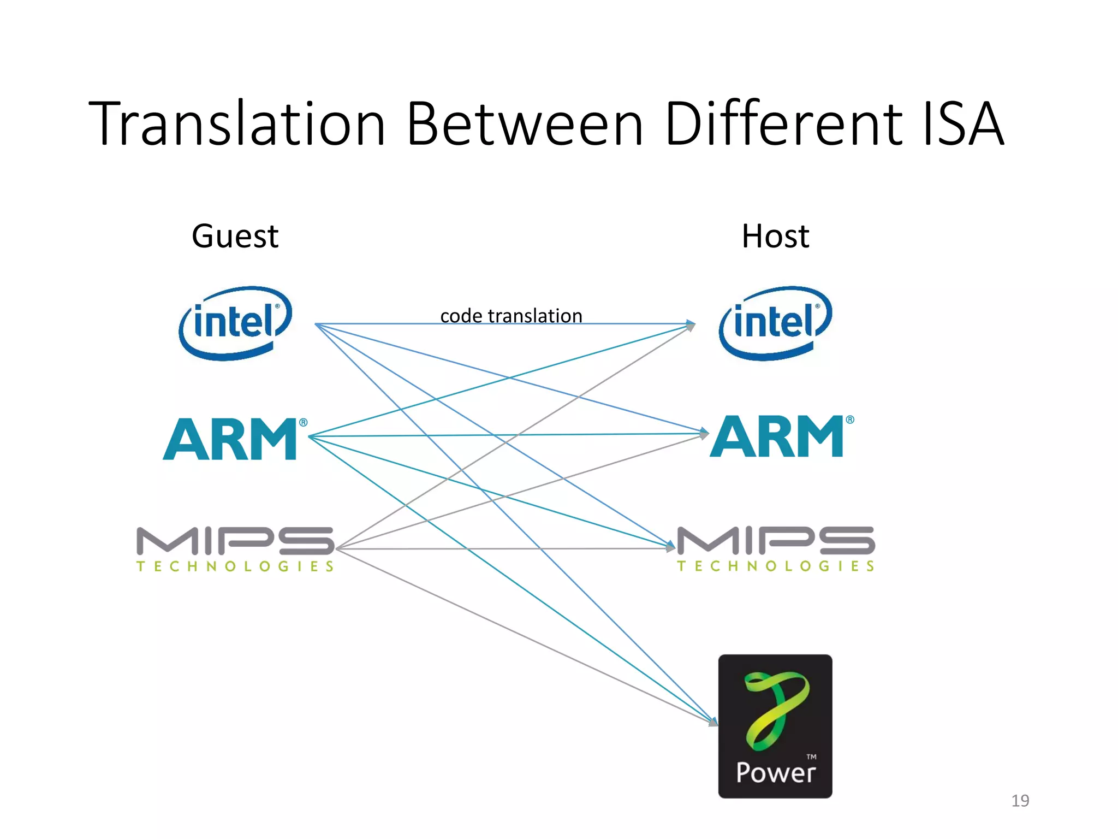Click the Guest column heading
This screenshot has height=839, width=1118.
coord(235,237)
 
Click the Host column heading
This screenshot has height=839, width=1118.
coord(775,237)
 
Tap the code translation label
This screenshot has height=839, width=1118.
coord(511,316)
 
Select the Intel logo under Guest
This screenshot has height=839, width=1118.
coord(235,323)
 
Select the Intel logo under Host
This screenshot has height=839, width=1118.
coord(775,323)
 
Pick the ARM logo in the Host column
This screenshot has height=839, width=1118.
coord(777,436)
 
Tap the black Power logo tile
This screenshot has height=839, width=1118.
coord(775,726)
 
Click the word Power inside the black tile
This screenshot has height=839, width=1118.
coord(775,773)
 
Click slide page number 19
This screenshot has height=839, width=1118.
coord(1020,801)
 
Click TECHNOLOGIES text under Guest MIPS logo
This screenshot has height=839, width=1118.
coord(235,566)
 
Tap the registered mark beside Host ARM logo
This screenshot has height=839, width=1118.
coord(850,420)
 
